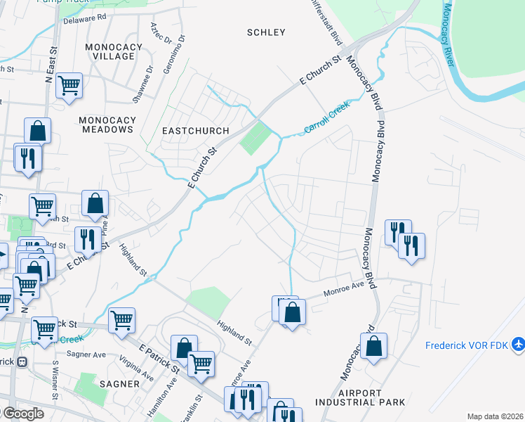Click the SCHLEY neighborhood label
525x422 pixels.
266,32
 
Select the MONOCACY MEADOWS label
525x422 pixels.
107,124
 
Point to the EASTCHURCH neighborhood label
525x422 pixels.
196,131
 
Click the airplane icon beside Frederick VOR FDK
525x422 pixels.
518,345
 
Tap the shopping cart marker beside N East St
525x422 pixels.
69,87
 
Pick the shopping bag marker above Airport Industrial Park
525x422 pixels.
374,346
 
